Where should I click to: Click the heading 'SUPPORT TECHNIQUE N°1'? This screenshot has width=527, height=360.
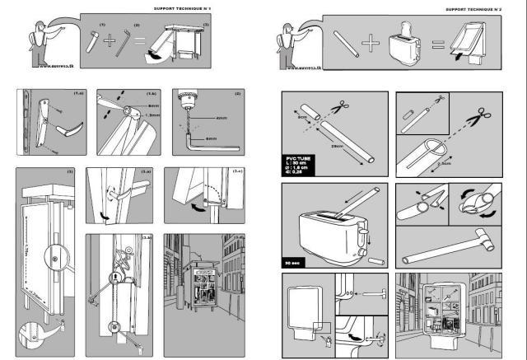click(222, 9)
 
